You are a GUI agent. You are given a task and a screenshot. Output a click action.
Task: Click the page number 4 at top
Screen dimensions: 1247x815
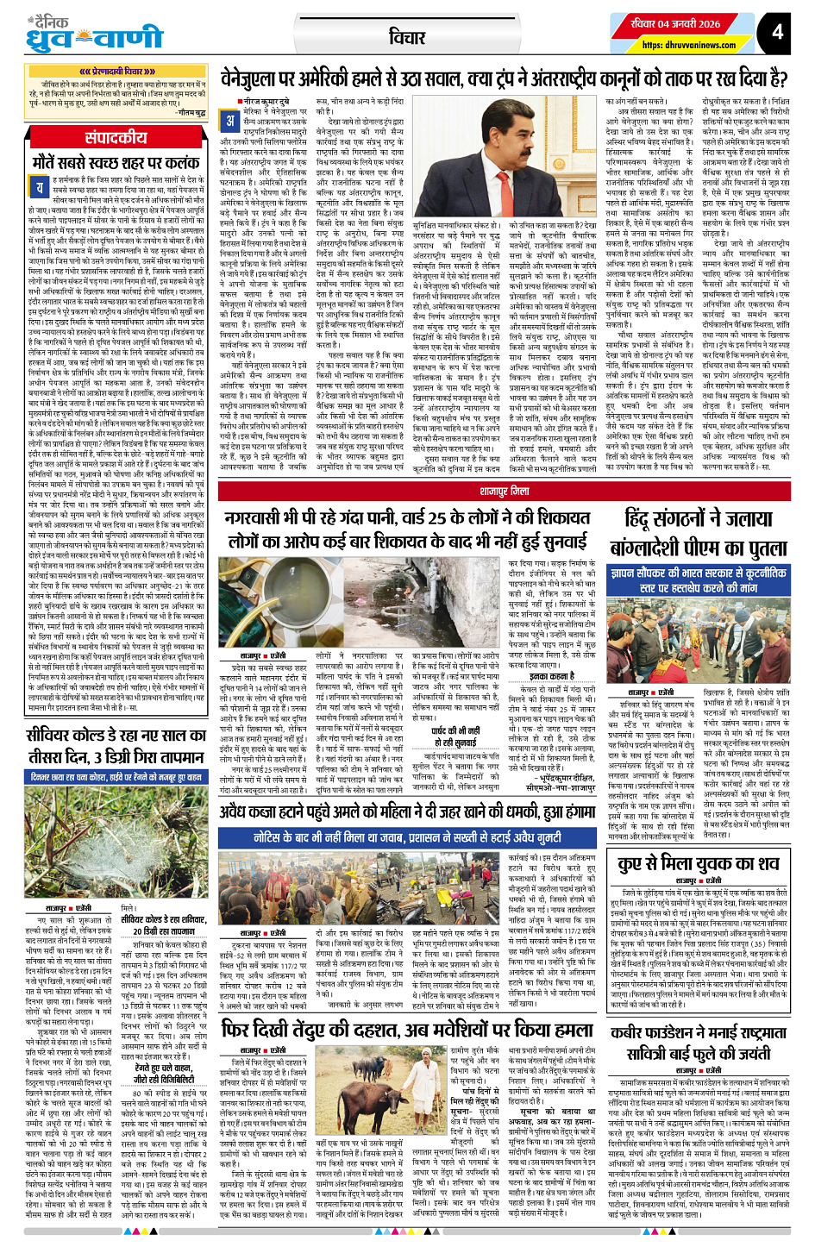[x=777, y=33]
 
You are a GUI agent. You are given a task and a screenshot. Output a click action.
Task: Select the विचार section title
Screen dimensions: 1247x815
[x=406, y=37]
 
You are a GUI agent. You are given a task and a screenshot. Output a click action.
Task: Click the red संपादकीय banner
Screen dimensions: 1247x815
[x=116, y=138]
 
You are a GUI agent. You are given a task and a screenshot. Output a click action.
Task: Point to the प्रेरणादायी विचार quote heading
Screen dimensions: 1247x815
[x=116, y=72]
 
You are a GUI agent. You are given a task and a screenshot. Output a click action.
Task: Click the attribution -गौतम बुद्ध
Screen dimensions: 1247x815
[x=191, y=113]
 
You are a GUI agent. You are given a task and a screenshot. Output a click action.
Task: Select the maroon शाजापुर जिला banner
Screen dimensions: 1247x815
[x=505, y=491]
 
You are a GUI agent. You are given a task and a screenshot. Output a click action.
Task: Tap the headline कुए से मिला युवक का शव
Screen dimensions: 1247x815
[x=699, y=863]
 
